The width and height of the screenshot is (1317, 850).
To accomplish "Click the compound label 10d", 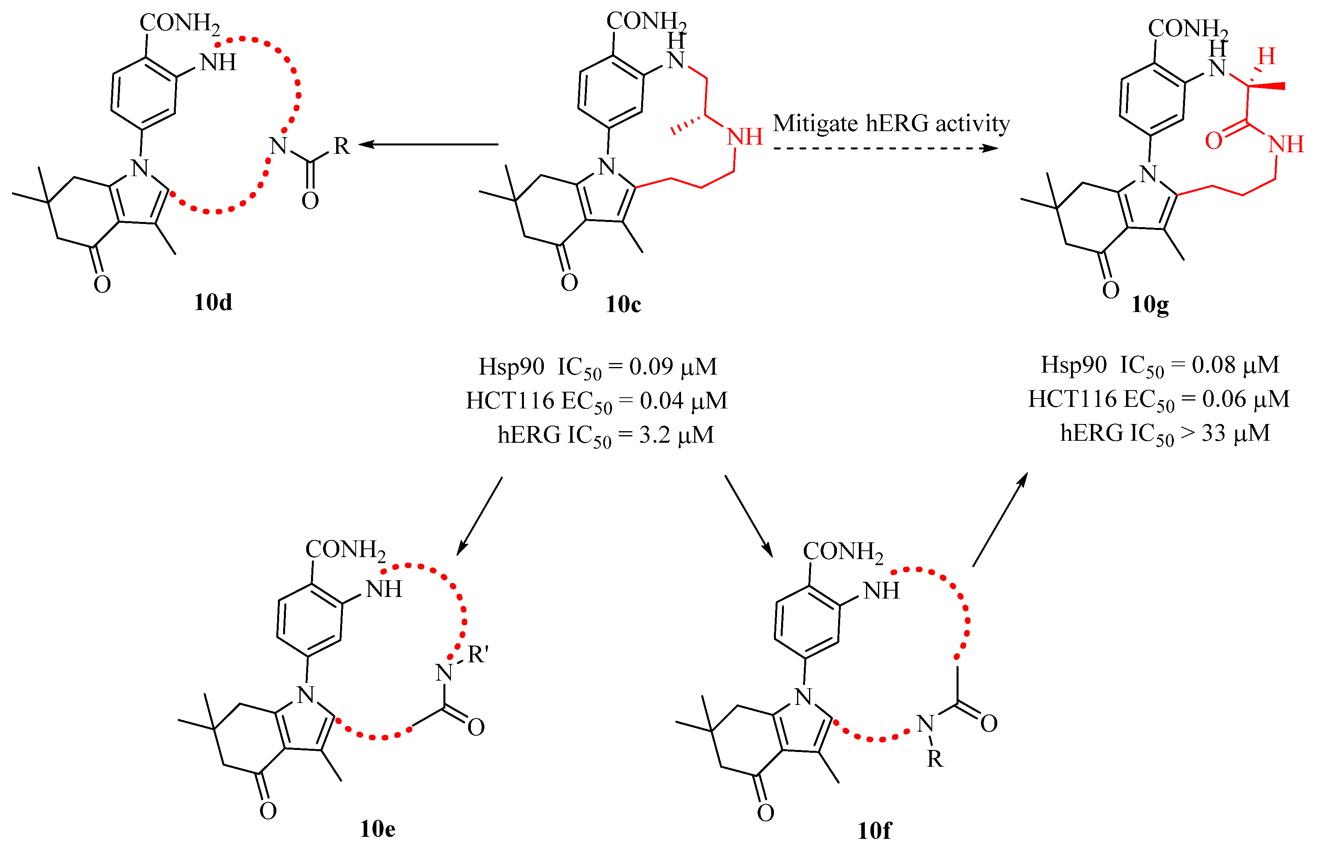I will tap(213, 302).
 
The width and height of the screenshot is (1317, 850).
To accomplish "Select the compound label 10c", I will tap(624, 304).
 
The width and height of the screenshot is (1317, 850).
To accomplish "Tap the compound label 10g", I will tap(1150, 304).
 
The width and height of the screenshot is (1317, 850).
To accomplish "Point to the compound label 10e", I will tap(378, 828).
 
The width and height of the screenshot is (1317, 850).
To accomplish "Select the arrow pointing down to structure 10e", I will tap(479, 516).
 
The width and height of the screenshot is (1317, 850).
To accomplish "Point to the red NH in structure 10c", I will tap(744, 137).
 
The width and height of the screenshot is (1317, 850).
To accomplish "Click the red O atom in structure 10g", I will tap(1214, 141).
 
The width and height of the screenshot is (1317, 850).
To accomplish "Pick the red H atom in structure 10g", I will tap(1266, 56).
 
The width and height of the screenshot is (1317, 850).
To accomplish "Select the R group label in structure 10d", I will tap(342, 146).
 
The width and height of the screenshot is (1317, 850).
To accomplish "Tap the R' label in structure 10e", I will tap(478, 655).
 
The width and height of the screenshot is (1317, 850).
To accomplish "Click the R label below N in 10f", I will tap(935, 760).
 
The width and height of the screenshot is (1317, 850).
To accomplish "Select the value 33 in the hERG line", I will tap(1214, 433).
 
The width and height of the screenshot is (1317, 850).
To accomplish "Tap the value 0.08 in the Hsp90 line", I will tap(1214, 365).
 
